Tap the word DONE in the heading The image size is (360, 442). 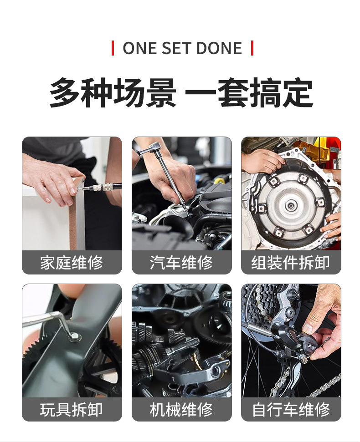click(219, 48)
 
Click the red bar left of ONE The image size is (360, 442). click(113, 48)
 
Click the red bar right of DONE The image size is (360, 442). click(252, 48)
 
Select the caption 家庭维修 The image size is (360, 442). click(72, 263)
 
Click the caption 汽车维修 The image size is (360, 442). click(181, 263)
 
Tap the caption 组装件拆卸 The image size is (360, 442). click(291, 263)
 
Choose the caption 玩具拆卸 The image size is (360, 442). click(72, 410)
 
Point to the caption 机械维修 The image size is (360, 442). click(181, 410)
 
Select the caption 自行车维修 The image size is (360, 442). click(291, 410)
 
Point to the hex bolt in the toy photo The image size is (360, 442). click(74, 336)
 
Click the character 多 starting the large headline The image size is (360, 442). click(65, 93)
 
